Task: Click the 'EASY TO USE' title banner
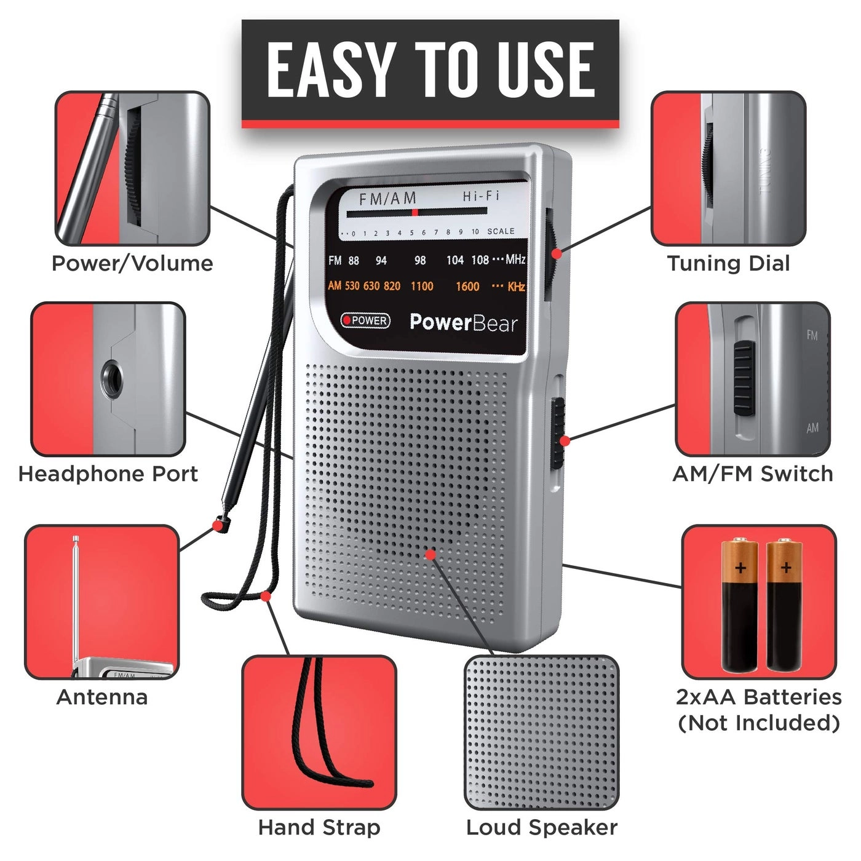430,69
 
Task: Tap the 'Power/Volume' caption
132,263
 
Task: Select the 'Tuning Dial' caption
728,263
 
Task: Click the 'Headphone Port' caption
108,474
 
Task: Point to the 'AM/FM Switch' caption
753,474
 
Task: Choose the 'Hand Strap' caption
319,827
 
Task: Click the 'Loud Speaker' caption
541,827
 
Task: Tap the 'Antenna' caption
102,697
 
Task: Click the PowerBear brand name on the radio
464,322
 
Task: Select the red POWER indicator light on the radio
347,320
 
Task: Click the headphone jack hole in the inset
111,377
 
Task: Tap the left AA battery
740,606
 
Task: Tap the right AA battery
785,606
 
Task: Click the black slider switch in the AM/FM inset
744,378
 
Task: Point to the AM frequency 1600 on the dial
467,287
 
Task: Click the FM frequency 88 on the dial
354,261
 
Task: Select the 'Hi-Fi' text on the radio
481,196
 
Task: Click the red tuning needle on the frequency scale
415,212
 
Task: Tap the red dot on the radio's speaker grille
430,555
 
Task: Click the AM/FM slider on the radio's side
558,430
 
